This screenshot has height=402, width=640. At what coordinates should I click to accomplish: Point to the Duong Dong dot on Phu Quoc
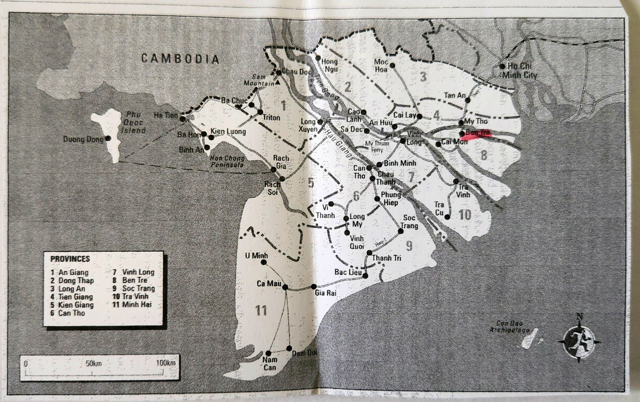click(x=108, y=138)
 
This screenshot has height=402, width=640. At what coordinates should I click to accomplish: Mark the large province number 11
click(x=261, y=310)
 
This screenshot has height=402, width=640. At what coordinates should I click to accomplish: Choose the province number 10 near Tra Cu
click(x=465, y=215)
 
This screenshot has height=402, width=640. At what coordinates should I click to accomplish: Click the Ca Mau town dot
click(x=285, y=287)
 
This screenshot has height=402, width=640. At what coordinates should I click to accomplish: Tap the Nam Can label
click(x=269, y=364)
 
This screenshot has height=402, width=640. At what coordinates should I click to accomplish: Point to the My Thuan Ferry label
click(x=377, y=146)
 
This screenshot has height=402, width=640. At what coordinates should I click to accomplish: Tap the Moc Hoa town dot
click(x=392, y=65)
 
